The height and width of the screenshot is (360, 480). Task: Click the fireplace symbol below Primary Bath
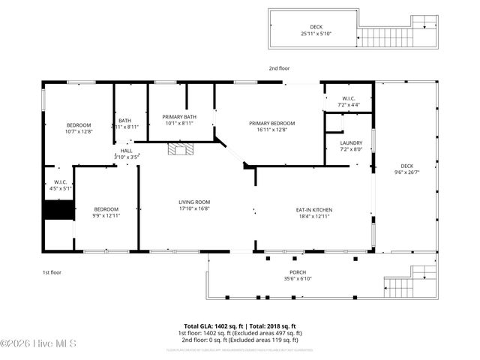click(x=178, y=150)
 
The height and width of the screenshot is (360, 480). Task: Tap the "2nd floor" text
click(x=279, y=68)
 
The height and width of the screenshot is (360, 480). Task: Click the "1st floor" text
click(x=51, y=271)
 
